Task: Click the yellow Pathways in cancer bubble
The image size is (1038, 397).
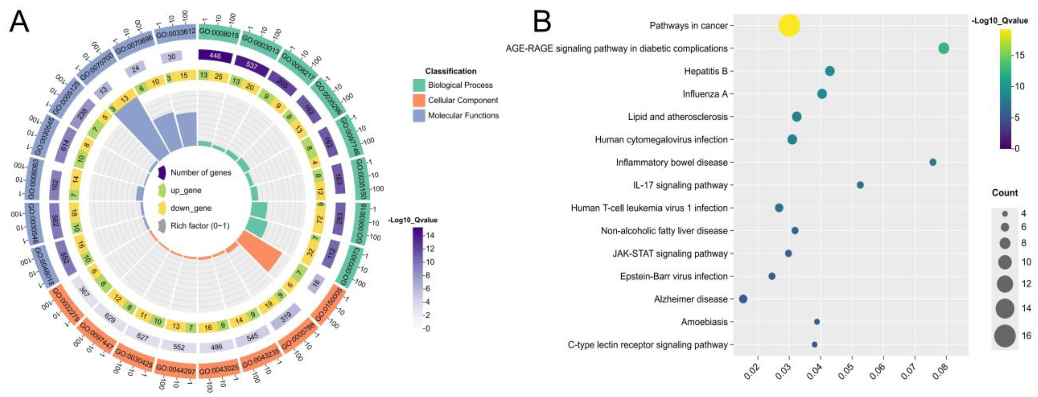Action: point(789,25)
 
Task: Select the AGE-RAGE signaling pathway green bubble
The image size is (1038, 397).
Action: point(943,48)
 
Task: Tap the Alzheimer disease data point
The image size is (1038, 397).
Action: point(743,299)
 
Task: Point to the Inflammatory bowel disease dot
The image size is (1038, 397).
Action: point(932,162)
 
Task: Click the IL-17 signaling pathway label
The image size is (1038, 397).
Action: point(680,185)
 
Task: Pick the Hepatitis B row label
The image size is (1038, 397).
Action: point(706,71)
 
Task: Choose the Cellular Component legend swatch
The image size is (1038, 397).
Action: point(419,100)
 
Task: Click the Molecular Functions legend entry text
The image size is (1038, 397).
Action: point(463,115)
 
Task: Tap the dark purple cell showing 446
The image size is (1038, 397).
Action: point(215,56)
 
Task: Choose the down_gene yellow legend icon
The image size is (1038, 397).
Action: point(162,208)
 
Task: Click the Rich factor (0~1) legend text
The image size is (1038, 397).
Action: point(200,226)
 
